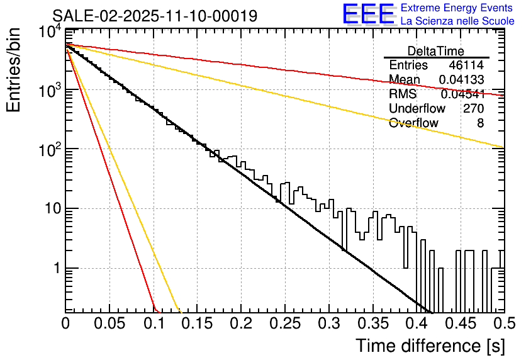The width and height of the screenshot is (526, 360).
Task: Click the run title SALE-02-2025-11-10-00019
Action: tap(154, 16)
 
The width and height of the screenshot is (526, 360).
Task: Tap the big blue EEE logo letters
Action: tap(368, 14)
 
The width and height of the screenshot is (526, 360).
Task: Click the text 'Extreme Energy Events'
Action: tap(457, 8)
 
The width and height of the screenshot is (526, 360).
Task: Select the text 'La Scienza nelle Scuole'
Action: tap(457, 21)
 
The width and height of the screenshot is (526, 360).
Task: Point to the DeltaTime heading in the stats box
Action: tap(436, 51)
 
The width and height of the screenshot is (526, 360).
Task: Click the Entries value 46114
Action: tap(466, 65)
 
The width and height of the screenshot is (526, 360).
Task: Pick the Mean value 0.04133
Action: tap(461, 80)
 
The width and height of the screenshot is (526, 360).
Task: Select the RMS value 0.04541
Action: tap(462, 94)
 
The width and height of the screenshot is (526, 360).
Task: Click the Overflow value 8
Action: tap(480, 123)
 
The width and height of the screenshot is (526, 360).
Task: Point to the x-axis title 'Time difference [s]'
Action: tap(429, 346)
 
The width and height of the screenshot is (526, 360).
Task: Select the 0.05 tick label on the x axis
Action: tap(109, 324)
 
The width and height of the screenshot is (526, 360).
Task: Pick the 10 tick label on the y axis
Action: tap(51, 209)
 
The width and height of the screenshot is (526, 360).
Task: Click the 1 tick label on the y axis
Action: tap(55, 269)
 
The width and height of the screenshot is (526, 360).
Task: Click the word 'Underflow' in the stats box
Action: tap(417, 109)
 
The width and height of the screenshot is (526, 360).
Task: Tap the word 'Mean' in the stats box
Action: tap(405, 80)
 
